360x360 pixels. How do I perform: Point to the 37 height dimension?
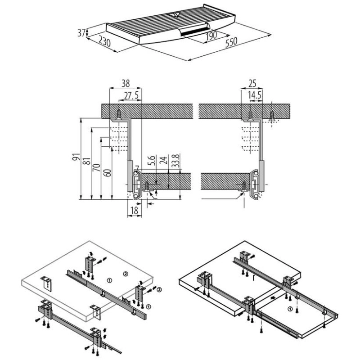point(81,33)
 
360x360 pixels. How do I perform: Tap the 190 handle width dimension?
point(211,35)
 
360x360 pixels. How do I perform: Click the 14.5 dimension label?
point(254,95)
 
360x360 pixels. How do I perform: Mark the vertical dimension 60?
point(106,174)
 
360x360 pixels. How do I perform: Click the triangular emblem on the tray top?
point(174,15)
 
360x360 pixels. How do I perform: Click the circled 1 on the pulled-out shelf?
point(290,310)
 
